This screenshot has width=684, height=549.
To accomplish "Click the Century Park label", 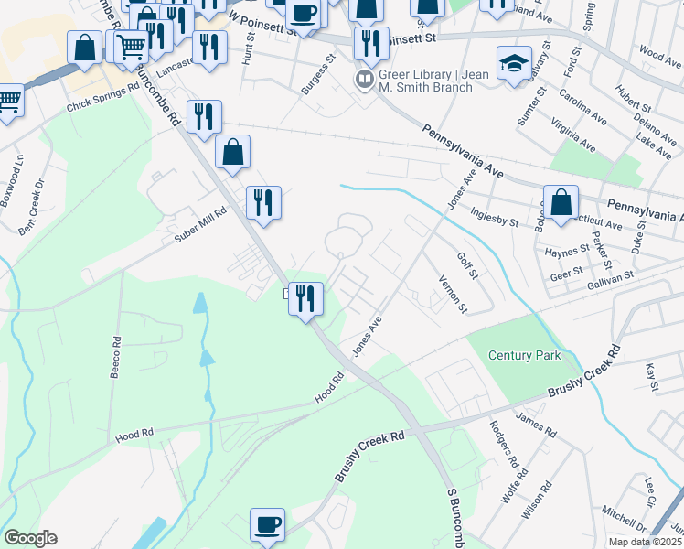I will pos(524,355).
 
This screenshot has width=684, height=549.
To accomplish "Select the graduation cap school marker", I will pos(514,64).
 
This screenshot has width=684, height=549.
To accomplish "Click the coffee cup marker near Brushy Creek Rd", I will pos(268,524).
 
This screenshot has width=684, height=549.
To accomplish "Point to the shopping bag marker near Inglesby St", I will pos(560,202).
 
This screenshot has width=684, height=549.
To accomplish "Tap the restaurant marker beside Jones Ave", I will pos(305,297).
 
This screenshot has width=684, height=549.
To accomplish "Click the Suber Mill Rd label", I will pos(200,224).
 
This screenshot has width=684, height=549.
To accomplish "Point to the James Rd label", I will pos(536,425).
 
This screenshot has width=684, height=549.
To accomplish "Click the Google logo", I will pos(30,538).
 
